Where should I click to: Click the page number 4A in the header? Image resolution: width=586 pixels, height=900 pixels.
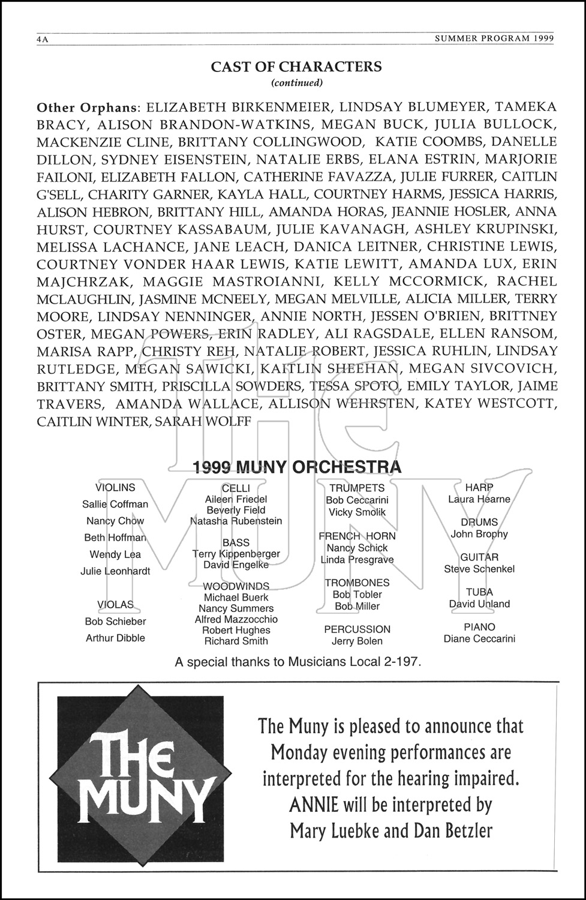pyautogui.click(x=42, y=39)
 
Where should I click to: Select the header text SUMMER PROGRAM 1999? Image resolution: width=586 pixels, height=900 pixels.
pyautogui.click(x=493, y=38)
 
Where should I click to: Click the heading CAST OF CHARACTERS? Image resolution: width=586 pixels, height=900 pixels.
pyautogui.click(x=296, y=67)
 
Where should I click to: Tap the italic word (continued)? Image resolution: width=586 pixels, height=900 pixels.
pyautogui.click(x=297, y=83)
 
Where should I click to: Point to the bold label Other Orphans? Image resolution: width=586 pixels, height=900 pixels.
pyautogui.click(x=88, y=107)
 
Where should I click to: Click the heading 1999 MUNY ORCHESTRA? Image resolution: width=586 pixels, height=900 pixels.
pyautogui.click(x=297, y=467)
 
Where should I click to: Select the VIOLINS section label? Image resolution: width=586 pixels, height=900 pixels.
pyautogui.click(x=115, y=488)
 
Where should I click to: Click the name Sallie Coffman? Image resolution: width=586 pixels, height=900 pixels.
pyautogui.click(x=115, y=504)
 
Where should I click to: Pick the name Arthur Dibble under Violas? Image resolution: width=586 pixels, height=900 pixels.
pyautogui.click(x=115, y=638)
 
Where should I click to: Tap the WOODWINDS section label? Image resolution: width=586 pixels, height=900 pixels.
pyautogui.click(x=236, y=586)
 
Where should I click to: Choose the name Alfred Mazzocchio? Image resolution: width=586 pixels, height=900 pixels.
pyautogui.click(x=236, y=619)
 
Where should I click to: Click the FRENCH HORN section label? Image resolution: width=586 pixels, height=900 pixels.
pyautogui.click(x=357, y=536)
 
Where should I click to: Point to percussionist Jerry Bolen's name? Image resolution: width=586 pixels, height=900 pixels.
pyautogui.click(x=357, y=641)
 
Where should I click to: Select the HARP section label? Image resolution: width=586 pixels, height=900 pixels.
pyautogui.click(x=479, y=488)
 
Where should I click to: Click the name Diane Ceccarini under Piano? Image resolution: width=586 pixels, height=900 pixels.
pyautogui.click(x=479, y=638)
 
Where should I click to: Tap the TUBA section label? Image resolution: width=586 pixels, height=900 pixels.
pyautogui.click(x=479, y=592)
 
